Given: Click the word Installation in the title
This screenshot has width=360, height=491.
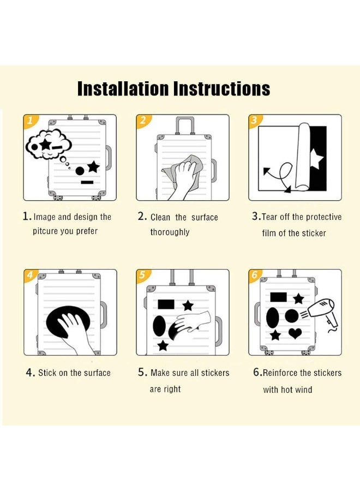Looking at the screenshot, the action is [123, 88].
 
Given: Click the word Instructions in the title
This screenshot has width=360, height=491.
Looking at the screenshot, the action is [221, 88].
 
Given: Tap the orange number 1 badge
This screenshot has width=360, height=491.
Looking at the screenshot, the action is [31, 121].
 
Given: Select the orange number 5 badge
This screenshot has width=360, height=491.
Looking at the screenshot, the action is [143, 276].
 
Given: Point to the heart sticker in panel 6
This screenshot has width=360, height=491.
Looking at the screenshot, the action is [295, 333].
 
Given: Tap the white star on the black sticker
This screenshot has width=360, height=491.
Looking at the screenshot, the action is [316, 159].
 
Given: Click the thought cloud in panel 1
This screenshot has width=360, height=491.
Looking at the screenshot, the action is [49, 145].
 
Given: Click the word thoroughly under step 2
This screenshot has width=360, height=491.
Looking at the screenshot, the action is [170, 232].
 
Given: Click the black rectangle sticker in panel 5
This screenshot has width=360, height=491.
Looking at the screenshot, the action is [166, 304].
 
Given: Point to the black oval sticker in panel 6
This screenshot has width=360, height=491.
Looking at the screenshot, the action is [273, 318].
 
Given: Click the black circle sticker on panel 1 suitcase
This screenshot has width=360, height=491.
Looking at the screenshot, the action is [80, 171].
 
